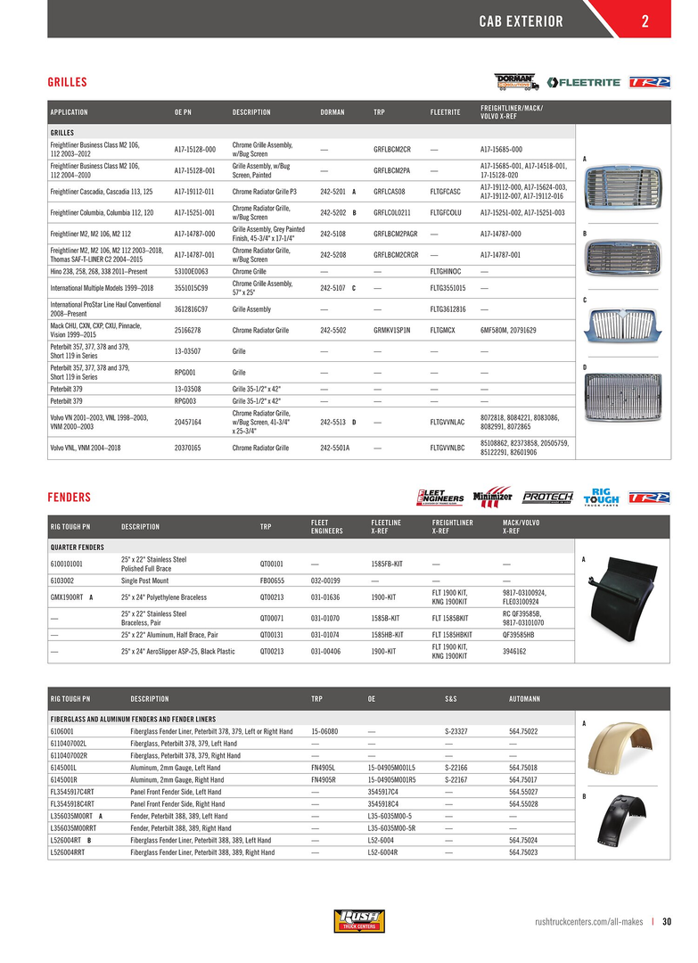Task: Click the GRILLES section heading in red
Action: [67, 82]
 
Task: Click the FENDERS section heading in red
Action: [69, 497]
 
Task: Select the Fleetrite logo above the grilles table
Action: [585, 82]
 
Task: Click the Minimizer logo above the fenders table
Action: [492, 497]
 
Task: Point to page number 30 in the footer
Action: [667, 922]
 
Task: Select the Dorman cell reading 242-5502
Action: [334, 330]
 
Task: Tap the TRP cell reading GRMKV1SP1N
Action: [392, 330]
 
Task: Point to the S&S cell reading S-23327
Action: [456, 731]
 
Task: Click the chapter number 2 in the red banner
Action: [644, 21]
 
